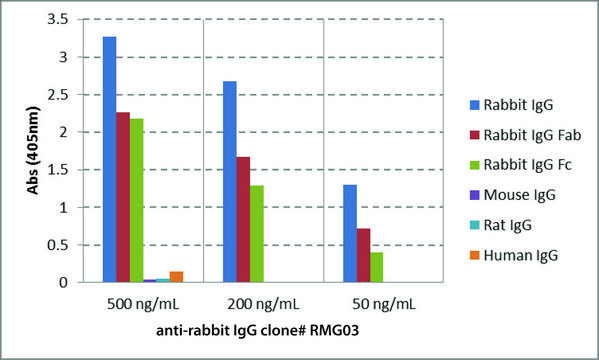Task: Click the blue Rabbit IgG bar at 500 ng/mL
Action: pos(109,160)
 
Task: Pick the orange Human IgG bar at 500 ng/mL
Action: pos(176,277)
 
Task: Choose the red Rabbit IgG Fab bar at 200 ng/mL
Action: pos(243,220)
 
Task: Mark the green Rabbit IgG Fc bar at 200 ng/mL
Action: pos(256,234)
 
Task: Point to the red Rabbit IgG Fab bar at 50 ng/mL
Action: pos(363,256)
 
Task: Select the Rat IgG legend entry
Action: pos(506,225)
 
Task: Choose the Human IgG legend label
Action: pos(515,255)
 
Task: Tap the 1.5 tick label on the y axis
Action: pos(64,170)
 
